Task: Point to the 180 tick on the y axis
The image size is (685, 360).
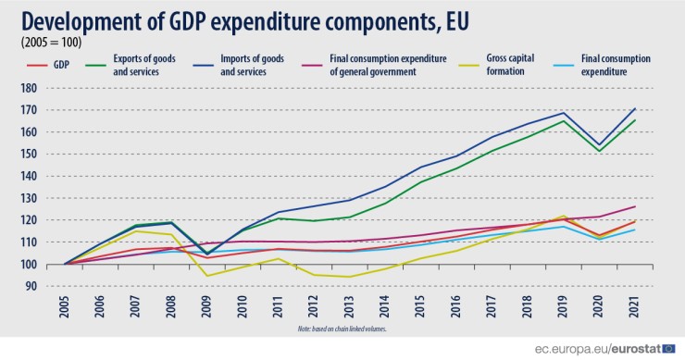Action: coord(28,88)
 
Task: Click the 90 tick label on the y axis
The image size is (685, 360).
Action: coord(31,287)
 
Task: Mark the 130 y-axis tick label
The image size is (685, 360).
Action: coord(28,198)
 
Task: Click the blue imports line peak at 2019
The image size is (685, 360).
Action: coord(565,113)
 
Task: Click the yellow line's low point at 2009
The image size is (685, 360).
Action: coord(206,275)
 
